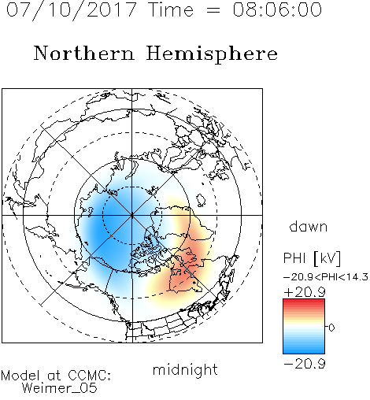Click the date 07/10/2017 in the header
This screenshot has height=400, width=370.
coord(72,10)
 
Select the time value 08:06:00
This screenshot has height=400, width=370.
coord(277,10)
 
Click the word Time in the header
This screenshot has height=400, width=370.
coord(171,10)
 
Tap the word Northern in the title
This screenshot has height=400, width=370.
coord(84,53)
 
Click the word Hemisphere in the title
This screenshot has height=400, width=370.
coord(212,54)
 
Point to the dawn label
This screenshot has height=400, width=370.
coord(309,226)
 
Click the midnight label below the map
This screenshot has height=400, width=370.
coord(185,369)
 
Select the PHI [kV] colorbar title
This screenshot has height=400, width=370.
coord(312,258)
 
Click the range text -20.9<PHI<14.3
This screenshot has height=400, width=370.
coord(326,277)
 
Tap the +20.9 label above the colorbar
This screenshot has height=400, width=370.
coord(305,291)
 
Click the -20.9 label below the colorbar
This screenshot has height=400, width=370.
coord(305,364)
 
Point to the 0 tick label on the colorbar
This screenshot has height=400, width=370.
coord(331,328)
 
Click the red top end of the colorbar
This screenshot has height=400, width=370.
coord(304,302)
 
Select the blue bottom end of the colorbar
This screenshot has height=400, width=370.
coord(304,351)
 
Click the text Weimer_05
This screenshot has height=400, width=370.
coord(59,388)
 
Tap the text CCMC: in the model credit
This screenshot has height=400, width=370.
coord(89,376)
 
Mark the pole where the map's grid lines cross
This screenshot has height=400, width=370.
coord(131,215)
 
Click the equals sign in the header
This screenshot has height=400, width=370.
coord(213,10)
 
